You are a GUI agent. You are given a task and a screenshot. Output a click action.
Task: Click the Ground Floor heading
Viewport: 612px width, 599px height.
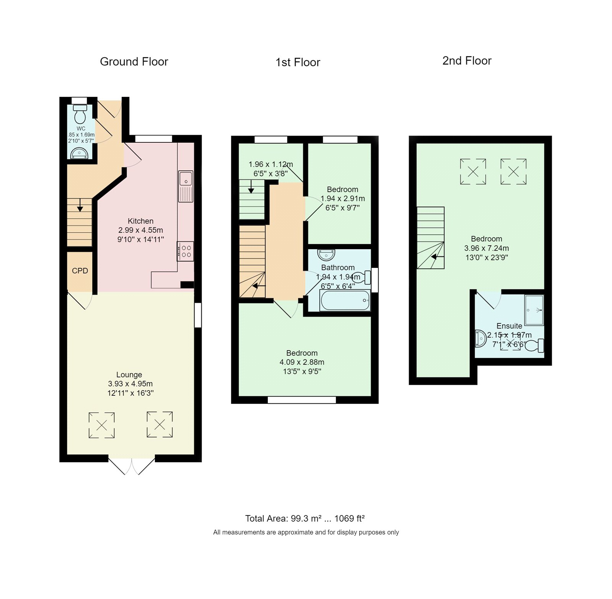[x=134, y=62]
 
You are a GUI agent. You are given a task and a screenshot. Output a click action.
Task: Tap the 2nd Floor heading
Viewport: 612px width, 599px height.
[x=467, y=60]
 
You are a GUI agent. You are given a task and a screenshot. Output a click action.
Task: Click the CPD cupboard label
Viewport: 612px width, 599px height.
[x=80, y=271]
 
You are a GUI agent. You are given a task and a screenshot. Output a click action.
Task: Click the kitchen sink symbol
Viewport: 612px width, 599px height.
[x=186, y=185]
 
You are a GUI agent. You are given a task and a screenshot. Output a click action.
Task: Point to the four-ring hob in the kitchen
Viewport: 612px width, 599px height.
[x=186, y=251]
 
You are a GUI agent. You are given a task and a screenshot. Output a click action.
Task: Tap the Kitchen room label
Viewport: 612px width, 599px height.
[x=140, y=221]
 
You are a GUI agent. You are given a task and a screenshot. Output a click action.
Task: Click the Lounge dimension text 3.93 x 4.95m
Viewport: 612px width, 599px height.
[x=130, y=384]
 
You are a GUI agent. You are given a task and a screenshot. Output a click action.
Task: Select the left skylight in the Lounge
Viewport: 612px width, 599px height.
[x=101, y=425]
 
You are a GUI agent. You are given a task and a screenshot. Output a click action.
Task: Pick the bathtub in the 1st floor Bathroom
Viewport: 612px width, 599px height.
[x=345, y=300]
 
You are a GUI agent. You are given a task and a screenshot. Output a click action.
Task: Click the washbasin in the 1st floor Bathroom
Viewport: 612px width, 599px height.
[x=326, y=255]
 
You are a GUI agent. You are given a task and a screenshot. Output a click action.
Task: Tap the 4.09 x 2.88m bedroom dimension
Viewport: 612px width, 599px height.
[x=302, y=362]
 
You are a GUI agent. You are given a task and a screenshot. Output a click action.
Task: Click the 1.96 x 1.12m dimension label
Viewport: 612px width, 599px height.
[x=270, y=164]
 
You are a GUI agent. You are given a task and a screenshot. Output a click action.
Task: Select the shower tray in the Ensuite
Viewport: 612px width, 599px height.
[x=534, y=310]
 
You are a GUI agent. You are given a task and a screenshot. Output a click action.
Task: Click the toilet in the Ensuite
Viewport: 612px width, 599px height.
[x=535, y=346]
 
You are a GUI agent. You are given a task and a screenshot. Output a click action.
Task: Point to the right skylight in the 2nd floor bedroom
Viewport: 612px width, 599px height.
[x=513, y=171]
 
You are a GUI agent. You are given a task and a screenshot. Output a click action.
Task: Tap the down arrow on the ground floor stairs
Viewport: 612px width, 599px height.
[x=80, y=206]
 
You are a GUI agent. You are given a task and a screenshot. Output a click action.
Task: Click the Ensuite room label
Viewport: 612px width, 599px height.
[x=509, y=326]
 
